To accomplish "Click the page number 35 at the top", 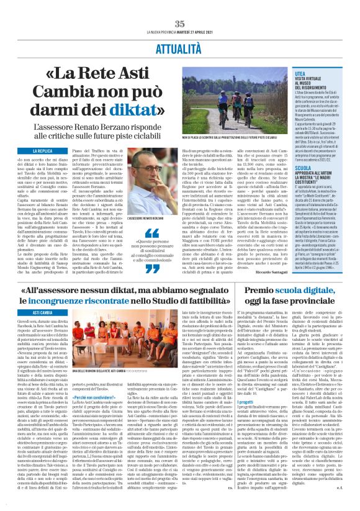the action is tap(180, 23).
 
